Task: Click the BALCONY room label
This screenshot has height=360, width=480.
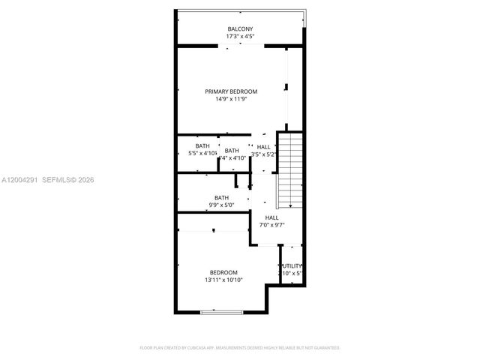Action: pyautogui.click(x=240, y=29)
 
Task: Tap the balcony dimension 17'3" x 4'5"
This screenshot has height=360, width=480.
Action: pyautogui.click(x=240, y=36)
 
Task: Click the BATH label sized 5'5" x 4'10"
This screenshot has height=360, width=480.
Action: pyautogui.click(x=202, y=146)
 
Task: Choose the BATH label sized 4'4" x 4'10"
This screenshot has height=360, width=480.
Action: pyautogui.click(x=232, y=151)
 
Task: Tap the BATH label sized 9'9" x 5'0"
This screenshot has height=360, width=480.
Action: pyautogui.click(x=221, y=198)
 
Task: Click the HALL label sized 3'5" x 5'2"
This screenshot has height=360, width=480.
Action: pyautogui.click(x=264, y=147)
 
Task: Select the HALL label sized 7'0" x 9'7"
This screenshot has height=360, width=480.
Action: pyautogui.click(x=271, y=217)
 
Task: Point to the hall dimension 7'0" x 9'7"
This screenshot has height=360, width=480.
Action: pyautogui.click(x=271, y=224)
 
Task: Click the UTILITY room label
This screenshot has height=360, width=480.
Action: pyautogui.click(x=292, y=265)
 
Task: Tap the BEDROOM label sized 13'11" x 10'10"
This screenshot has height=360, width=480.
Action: pyautogui.click(x=223, y=272)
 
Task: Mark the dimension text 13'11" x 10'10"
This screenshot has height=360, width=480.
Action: pyautogui.click(x=223, y=280)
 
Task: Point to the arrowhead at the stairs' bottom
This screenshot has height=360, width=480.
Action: pyautogui.click(x=289, y=205)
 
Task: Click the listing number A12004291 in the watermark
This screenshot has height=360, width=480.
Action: pyautogui.click(x=20, y=180)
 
